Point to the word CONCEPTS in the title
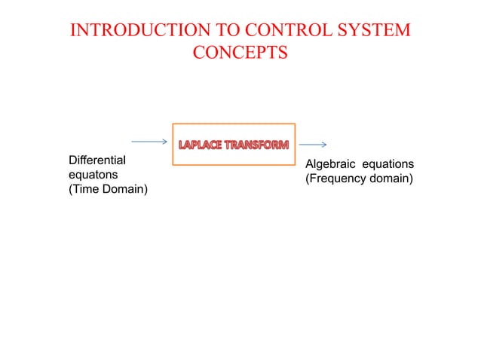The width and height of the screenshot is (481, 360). click(240, 53)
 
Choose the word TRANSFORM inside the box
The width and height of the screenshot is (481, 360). click(259, 145)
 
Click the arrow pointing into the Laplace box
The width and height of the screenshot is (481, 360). click(149, 141)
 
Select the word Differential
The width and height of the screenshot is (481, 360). click(97, 160)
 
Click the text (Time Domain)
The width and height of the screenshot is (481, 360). click(108, 188)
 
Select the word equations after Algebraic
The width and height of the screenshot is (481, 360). click(388, 164)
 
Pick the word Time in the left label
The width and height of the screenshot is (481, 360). click(85, 188)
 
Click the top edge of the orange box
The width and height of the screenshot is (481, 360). click(234, 124)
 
